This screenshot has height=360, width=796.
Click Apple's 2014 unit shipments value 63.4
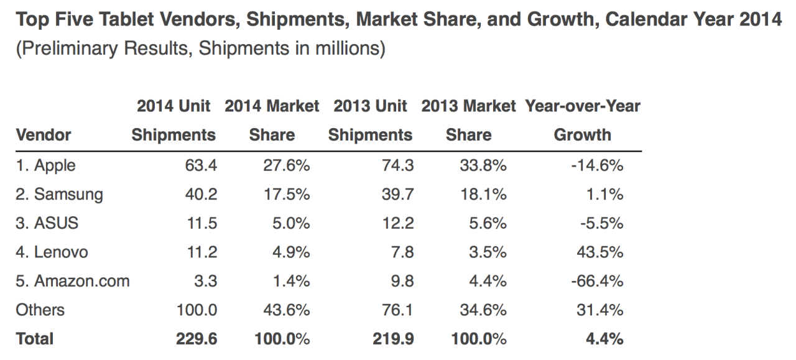click(201, 165)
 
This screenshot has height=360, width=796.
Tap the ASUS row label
click(47, 223)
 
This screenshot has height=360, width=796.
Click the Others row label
click(40, 310)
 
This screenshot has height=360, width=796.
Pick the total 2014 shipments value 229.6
click(196, 339)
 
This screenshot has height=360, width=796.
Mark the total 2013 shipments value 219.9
click(393, 339)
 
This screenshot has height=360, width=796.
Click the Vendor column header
click(44, 135)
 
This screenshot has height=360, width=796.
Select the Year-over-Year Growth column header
click(583, 120)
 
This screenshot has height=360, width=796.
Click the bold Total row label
click(35, 339)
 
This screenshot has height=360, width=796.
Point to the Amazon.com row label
click(73, 281)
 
